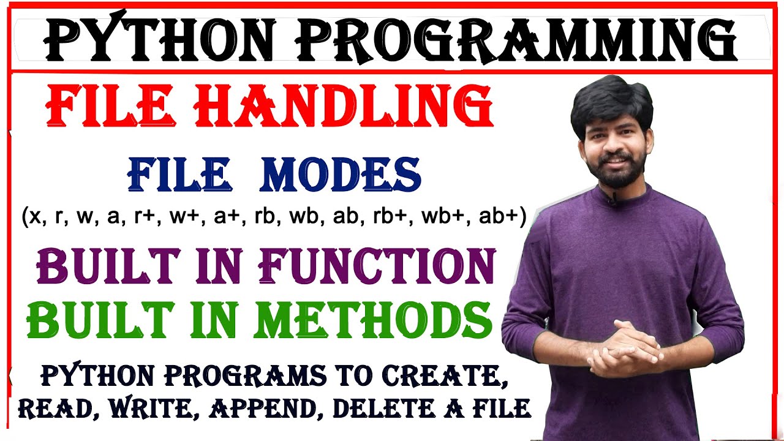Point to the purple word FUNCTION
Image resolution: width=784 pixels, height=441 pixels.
pos(377,268)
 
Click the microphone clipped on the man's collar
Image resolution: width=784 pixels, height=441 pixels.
pos(611,198)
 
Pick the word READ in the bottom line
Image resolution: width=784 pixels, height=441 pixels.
pos(56,408)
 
